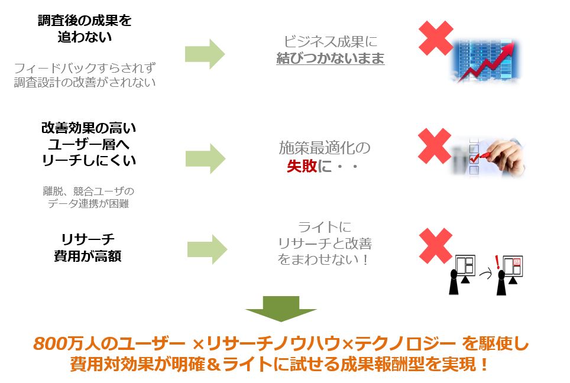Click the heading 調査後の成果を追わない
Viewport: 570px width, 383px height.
tap(85, 28)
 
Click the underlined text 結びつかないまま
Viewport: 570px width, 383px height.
tap(331, 58)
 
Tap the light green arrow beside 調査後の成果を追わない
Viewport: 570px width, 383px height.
tap(205, 54)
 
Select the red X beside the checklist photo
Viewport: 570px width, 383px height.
tap(435, 146)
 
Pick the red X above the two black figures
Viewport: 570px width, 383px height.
tap(436, 246)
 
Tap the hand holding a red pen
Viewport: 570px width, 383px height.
tap(503, 155)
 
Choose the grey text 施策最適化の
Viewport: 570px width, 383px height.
tap(325, 148)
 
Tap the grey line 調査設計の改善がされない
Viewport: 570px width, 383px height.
tap(85, 82)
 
